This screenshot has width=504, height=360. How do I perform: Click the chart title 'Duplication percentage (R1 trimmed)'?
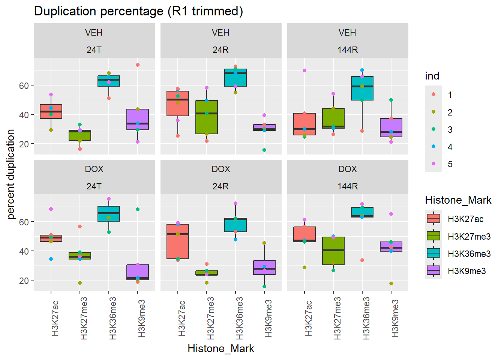tap(138, 11)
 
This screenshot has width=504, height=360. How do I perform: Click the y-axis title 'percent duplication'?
tap(11, 174)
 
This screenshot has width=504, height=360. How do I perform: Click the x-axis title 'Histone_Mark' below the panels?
tap(220, 349)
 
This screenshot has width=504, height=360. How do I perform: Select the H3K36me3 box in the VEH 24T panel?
tap(109, 81)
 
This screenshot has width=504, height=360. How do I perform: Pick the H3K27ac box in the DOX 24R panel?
tap(178, 241)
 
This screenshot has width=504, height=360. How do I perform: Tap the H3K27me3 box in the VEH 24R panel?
tap(207, 117)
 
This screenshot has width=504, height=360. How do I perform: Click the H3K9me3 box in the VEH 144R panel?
tap(391, 127)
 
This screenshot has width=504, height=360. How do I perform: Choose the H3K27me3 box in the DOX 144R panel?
tap(333, 250)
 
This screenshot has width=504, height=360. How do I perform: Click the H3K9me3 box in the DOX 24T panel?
tap(138, 272)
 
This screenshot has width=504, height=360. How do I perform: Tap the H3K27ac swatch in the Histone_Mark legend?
tap(433, 219)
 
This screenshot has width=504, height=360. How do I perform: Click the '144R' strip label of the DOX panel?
tap(348, 186)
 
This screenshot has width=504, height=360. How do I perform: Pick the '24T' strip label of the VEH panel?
tap(94, 50)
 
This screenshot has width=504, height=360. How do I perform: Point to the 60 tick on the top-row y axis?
tap(24, 86)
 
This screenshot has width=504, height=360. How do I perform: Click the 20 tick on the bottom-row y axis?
tap(24, 280)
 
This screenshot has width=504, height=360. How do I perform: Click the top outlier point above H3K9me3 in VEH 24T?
tap(138, 65)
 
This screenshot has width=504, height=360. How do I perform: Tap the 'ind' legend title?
tap(432, 76)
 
